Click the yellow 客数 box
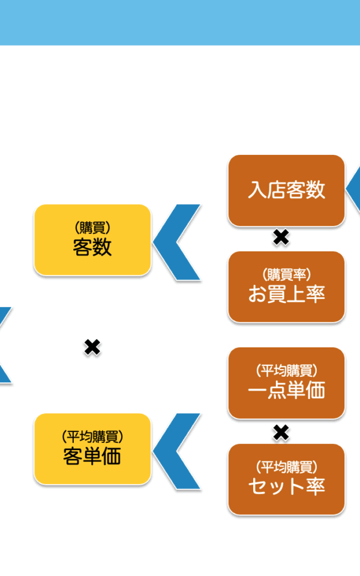[92, 240]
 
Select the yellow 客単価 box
[92, 449]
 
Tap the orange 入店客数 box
[287, 190]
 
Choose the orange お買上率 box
[287, 287]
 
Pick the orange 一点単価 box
[287, 383]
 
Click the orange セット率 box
[287, 479]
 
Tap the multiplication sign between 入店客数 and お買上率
[281, 238]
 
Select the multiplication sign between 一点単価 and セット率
[281, 433]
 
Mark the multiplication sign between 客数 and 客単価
[92, 347]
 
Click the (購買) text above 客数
[92, 228]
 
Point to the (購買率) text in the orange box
[287, 274]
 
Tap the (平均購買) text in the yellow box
[92, 437]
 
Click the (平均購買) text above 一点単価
[287, 371]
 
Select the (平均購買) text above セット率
[287, 467]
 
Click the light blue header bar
[180, 22]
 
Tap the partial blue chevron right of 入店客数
[354, 188]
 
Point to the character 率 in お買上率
[316, 294]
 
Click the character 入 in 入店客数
[257, 190]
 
